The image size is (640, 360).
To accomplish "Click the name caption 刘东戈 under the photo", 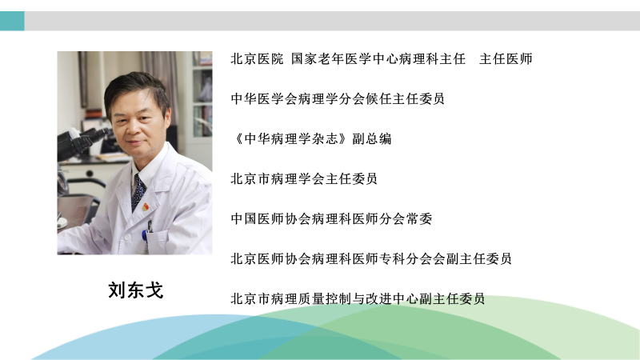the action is [x=135, y=290].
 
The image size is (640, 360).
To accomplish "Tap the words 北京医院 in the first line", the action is [x=257, y=58].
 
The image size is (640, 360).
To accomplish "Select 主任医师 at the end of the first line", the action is [x=506, y=58].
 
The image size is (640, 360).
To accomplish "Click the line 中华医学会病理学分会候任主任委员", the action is [x=338, y=98].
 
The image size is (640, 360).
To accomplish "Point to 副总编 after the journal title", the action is [x=372, y=138].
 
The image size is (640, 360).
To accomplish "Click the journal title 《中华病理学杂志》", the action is [x=291, y=138].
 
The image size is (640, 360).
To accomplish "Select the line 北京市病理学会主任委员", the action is [x=304, y=178].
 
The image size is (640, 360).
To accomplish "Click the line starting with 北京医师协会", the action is [x=371, y=258].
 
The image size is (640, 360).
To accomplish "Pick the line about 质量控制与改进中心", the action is [x=358, y=298].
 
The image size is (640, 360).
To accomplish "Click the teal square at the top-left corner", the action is [x=12, y=21].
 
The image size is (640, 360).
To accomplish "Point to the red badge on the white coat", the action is [x=146, y=207].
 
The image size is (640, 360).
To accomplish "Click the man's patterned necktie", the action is [x=138, y=193].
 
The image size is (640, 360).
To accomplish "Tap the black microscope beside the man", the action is [x=82, y=143].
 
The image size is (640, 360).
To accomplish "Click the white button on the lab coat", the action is [x=128, y=237].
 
